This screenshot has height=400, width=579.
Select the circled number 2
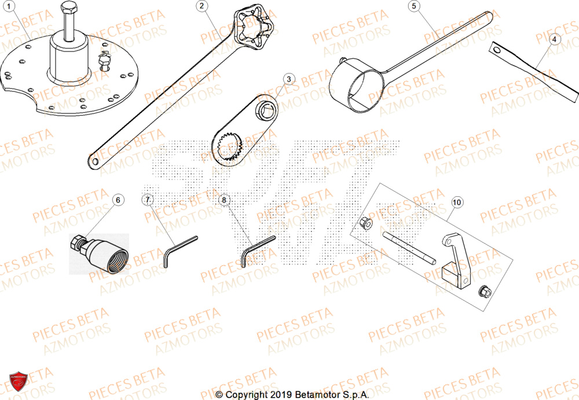click(x=201, y=6)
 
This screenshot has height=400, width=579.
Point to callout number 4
click(x=554, y=39)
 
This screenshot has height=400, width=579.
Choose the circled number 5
click(x=413, y=6)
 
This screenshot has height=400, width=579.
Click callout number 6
click(x=118, y=200)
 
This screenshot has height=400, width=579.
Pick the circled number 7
click(x=148, y=200)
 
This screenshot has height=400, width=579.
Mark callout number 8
click(x=225, y=200)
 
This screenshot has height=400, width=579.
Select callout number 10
click(x=457, y=202)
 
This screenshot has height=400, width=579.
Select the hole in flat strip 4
click(x=497, y=50)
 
